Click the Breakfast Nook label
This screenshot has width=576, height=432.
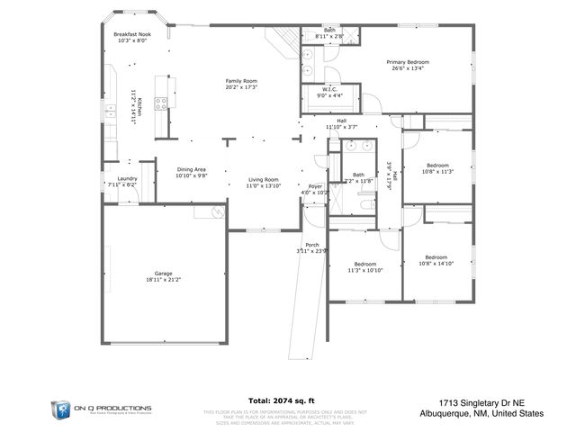(131, 33)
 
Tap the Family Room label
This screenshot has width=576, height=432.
(241, 81)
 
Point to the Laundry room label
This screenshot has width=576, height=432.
(121, 178)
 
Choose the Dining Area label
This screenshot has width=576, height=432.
(191, 170)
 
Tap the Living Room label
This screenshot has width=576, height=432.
(264, 179)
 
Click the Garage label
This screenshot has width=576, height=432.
(163, 274)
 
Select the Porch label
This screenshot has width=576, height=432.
(312, 245)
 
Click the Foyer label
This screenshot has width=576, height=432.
(315, 186)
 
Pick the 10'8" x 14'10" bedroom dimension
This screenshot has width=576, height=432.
(436, 264)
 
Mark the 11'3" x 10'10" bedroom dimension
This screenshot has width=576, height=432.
(364, 270)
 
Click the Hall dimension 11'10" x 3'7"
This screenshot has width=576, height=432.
(341, 127)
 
